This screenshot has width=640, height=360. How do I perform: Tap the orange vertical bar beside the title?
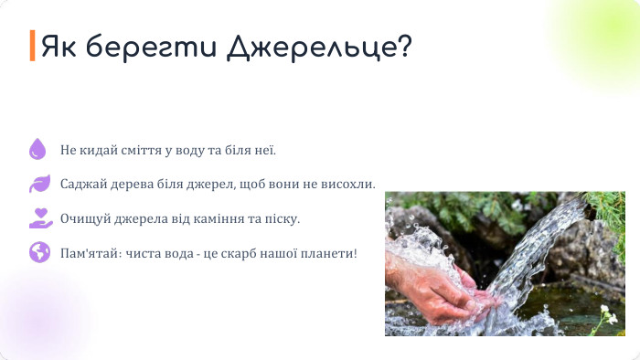pyautogui.click(x=32, y=46)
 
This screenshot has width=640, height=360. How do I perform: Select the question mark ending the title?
pyautogui.click(x=401, y=46)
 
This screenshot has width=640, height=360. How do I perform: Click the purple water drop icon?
pyautogui.click(x=37, y=149)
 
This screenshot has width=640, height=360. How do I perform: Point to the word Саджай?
pyautogui.click(x=82, y=184)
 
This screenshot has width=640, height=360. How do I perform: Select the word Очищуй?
pyautogui.click(x=83, y=218)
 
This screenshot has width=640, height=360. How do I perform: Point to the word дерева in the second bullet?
pyautogui.click(x=131, y=184)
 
